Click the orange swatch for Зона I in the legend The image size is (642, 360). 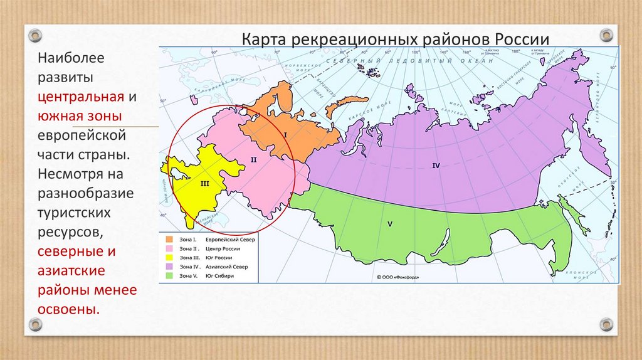pyautogui.click(x=169, y=240)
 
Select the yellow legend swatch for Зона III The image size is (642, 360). pyautogui.click(x=169, y=257)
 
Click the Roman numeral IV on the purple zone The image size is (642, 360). pyautogui.click(x=436, y=165)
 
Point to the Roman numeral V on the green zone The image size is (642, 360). pyautogui.click(x=389, y=223)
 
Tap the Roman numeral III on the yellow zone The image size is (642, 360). pyautogui.click(x=204, y=184)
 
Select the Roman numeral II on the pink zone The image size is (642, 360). pyautogui.click(x=254, y=160)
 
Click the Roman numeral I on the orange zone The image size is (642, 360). pyautogui.click(x=285, y=134)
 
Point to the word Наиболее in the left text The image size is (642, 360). pyautogui.click(x=71, y=58)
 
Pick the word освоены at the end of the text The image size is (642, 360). pyautogui.click(x=68, y=310)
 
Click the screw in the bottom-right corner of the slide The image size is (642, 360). pyautogui.click(x=606, y=324)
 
